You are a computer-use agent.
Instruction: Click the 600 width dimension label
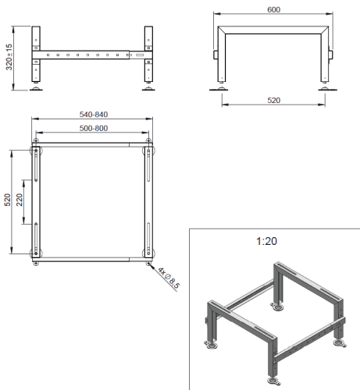click(273, 9)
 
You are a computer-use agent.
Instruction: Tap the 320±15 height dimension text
click(9, 57)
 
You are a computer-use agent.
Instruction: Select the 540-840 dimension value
click(94, 115)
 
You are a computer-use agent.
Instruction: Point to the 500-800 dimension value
click(94, 128)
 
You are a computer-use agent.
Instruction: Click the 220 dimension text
click(20, 200)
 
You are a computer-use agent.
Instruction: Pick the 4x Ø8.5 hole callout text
click(169, 278)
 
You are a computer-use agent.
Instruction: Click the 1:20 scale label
click(266, 241)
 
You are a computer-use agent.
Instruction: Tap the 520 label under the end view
click(273, 101)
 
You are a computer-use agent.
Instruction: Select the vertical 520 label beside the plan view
click(7, 200)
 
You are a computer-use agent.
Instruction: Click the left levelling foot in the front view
click(36, 87)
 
